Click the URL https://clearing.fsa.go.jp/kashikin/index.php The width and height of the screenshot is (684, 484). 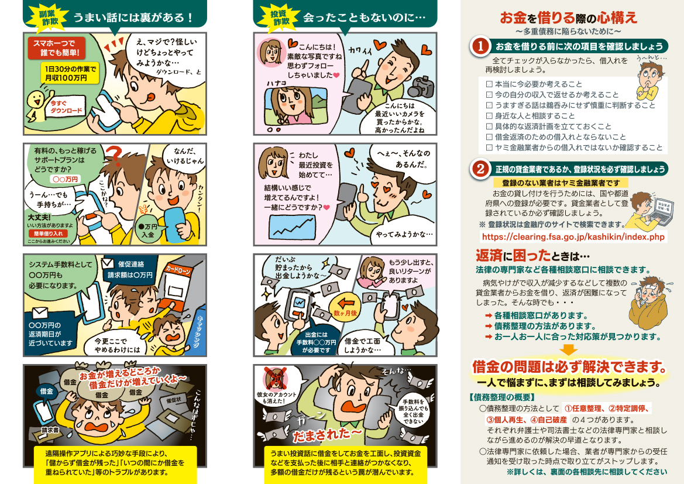click(573, 237)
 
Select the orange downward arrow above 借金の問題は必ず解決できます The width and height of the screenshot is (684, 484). click(569, 350)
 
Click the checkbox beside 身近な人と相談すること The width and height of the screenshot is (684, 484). click(489, 116)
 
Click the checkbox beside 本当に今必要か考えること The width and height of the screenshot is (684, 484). click(489, 84)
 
